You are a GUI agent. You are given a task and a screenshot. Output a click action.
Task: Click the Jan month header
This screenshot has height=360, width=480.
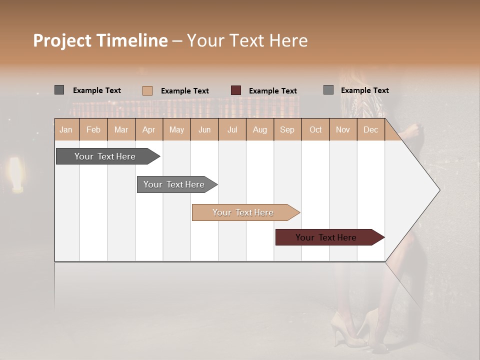[x=66, y=129]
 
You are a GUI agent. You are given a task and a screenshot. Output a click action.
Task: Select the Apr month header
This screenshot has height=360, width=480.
[x=149, y=129]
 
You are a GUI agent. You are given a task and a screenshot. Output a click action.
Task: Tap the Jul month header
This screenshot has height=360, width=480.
[x=232, y=129]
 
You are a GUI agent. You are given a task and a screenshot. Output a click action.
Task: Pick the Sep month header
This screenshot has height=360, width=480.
[x=287, y=129]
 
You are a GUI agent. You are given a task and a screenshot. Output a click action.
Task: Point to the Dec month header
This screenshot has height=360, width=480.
[x=371, y=129]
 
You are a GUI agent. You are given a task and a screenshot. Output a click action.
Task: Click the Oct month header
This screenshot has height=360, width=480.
[x=315, y=129]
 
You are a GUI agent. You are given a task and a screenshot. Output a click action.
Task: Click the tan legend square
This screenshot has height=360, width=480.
[x=147, y=90]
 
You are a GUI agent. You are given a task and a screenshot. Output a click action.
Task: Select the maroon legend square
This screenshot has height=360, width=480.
[x=236, y=90]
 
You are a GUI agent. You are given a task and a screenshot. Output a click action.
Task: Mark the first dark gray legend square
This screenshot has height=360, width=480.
[x=59, y=90]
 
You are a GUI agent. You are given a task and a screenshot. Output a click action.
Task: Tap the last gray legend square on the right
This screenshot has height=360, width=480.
[x=328, y=90]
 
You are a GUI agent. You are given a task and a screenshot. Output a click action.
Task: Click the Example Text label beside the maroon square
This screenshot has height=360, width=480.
[x=273, y=90]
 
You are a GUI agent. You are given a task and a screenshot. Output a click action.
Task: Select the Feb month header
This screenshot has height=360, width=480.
[x=93, y=129]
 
